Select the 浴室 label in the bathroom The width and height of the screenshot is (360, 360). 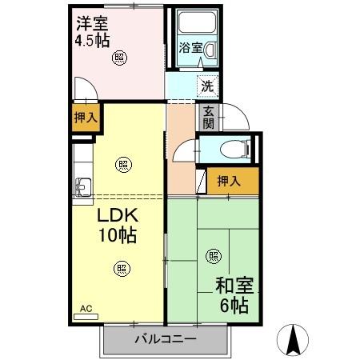pos(190,48)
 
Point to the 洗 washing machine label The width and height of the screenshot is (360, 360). pos(206,85)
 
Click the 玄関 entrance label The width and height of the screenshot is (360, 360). pos(208,117)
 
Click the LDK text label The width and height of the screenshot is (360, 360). pos(118,217)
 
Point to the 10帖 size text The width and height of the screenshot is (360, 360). pos(118,235)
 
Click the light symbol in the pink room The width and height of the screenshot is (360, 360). pos(119,57)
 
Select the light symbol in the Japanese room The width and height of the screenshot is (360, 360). pos(214,256)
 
